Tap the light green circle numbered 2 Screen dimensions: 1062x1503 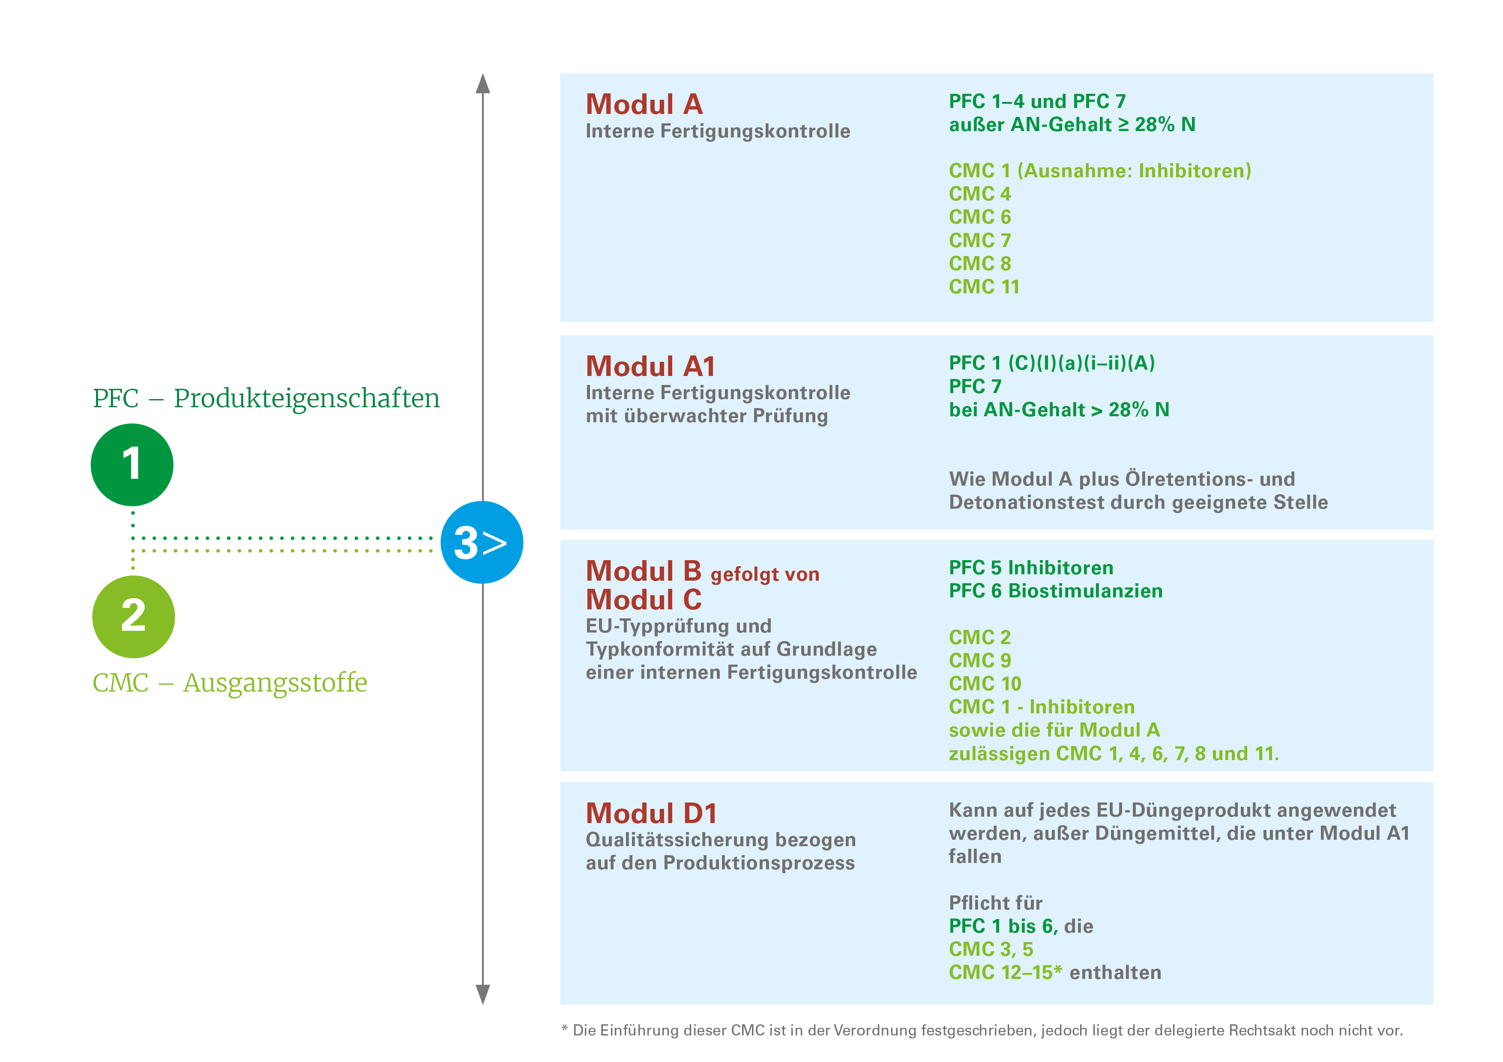[134, 616]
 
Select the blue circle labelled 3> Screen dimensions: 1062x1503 [482, 543]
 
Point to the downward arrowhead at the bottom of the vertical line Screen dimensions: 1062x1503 [482, 993]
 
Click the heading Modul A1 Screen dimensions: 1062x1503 [650, 367]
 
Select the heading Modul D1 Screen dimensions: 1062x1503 [651, 813]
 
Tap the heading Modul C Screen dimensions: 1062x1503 [644, 600]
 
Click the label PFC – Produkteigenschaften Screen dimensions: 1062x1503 [266, 399]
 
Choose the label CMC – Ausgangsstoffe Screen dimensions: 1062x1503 [230, 683]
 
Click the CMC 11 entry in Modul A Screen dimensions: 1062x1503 [984, 286]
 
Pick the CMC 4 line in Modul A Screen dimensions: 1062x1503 [979, 194]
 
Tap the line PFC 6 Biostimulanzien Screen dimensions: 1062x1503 [1055, 591]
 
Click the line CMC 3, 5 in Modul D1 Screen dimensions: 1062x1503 [991, 949]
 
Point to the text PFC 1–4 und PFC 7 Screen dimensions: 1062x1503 [1037, 101]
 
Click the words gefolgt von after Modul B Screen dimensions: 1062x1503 [765, 575]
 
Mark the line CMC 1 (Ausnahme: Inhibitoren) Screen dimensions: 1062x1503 [1100, 171]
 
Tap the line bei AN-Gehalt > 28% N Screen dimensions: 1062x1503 [1059, 410]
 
